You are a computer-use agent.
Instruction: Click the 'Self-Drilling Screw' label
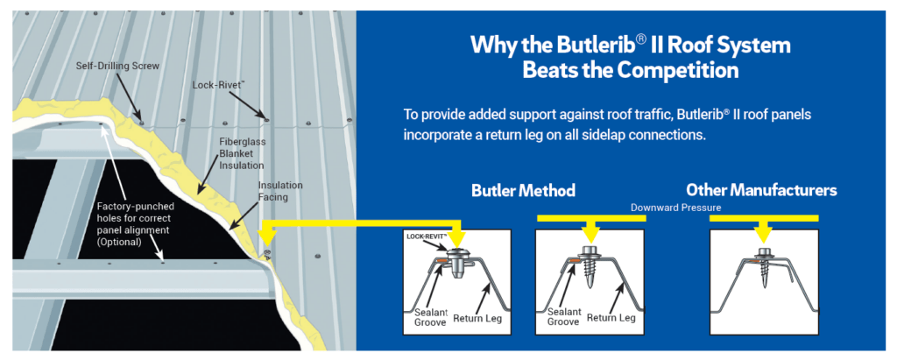coord(117,66)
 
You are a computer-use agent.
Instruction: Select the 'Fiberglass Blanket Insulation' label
coord(242,152)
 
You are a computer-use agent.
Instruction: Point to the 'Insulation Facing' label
coord(280,191)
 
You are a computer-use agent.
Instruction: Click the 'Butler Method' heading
coord(523,191)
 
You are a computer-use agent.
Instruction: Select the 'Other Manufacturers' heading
coord(761,190)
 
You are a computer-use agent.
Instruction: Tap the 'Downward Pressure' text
coord(675,208)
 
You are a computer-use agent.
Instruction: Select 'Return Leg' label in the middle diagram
coord(611,318)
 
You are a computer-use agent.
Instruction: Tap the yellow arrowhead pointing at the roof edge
coord(265,235)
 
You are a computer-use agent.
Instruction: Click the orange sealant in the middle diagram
coord(572,262)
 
